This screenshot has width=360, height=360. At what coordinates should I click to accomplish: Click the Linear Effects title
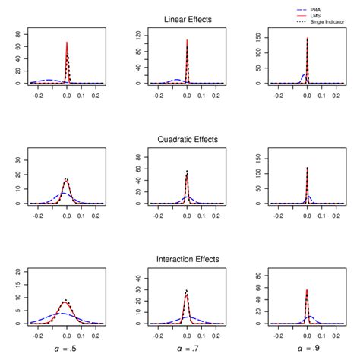[187, 19]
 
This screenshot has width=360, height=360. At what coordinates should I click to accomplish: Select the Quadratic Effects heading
[187, 139]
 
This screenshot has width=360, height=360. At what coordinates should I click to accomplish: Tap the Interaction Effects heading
[187, 259]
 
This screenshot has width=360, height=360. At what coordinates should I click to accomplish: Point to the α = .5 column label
[67, 349]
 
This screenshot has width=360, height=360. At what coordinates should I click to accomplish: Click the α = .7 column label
[187, 349]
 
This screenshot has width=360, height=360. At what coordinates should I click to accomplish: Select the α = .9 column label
[307, 349]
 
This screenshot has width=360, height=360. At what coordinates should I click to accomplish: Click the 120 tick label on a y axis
[139, 35]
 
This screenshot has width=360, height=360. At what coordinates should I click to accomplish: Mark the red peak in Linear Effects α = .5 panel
[67, 43]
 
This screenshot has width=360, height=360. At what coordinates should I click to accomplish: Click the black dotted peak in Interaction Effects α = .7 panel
[187, 290]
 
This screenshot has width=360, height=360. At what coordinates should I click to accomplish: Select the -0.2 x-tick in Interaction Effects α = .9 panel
[278, 335]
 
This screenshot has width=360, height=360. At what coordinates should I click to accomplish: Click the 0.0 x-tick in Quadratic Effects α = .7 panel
[187, 215]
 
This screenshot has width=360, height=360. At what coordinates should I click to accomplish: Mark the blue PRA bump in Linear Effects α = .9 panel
[302, 76]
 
